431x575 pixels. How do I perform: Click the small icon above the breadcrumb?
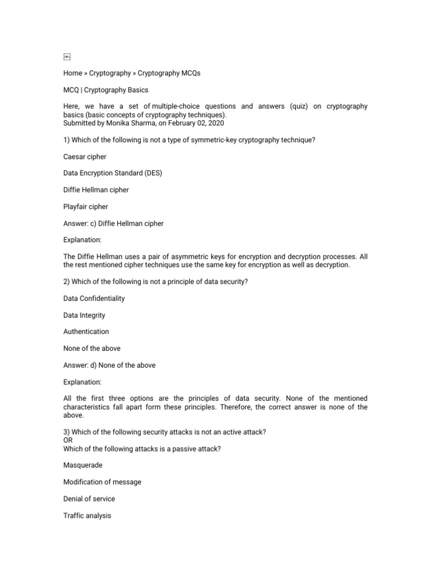67,56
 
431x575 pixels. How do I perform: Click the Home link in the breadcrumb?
72,73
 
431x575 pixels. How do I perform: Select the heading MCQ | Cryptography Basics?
106,90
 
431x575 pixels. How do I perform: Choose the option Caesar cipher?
85,157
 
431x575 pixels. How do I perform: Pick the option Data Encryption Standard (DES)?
112,173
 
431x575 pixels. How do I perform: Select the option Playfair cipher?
85,207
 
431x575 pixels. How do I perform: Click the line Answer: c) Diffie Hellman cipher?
113,223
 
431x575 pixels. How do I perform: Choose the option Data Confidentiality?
94,298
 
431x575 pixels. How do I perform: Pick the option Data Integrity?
84,315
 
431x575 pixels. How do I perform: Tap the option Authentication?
86,331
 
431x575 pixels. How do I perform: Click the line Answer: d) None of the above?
109,365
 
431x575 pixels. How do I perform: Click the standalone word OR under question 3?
68,440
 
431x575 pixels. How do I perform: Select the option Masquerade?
83,465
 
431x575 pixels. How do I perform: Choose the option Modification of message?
102,482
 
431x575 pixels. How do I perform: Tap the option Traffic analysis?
87,515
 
